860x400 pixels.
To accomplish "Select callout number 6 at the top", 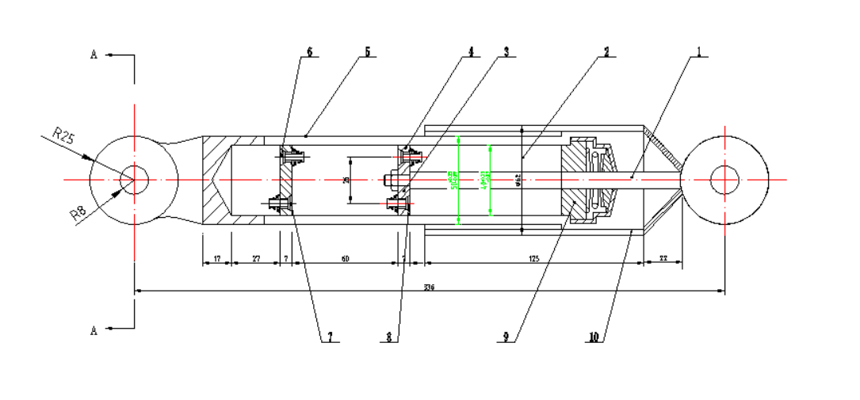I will coord(309,51).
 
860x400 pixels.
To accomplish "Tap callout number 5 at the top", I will coord(367,51).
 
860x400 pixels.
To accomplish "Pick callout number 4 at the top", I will coord(470,51).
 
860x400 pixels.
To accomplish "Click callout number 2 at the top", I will coord(606,51).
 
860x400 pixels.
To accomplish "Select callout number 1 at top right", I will coord(698,51).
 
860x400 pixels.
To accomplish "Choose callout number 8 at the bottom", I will coord(388,337).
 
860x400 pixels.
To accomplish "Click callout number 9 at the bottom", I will coord(505,337).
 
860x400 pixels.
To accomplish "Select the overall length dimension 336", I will coord(429,286).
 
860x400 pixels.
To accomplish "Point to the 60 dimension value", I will coord(344,258).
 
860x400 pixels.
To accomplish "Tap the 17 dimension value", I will coord(216,258).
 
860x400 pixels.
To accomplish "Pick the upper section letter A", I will coord(94,55).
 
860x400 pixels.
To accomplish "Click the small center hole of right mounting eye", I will coord(724,180).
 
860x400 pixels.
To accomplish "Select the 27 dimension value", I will coord(255,258).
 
